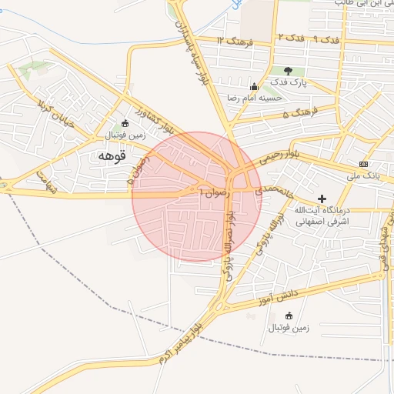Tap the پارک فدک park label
[288, 82]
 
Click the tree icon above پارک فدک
[289, 71]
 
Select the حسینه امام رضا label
[254, 98]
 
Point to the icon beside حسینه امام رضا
[255, 86]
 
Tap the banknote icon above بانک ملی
[363, 164]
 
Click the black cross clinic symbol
[322, 199]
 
